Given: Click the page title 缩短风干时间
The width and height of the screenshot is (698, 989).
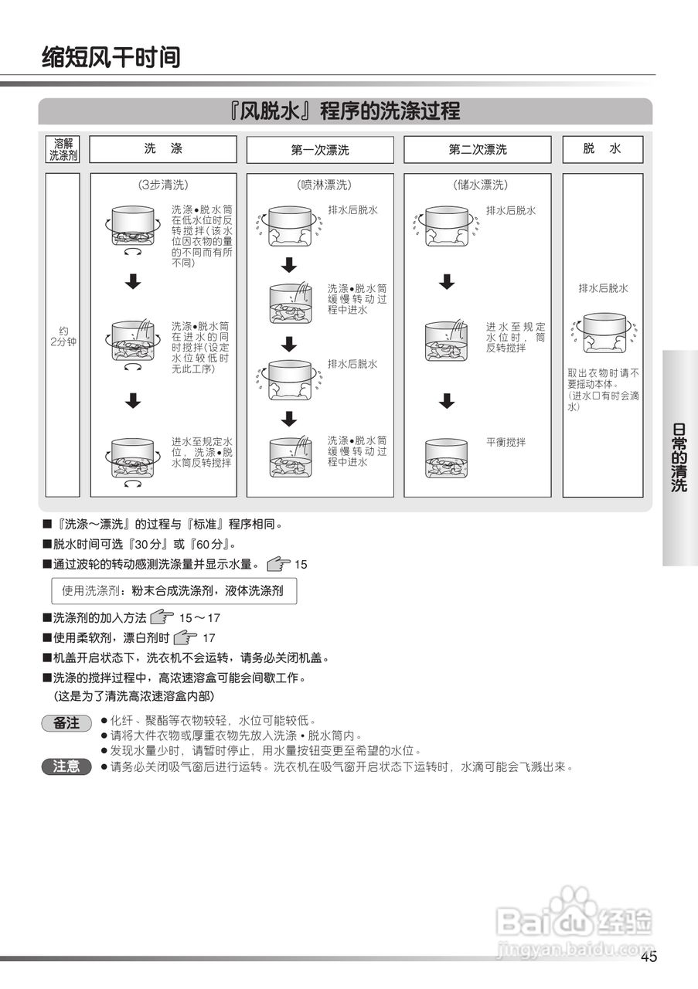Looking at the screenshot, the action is click(111, 56).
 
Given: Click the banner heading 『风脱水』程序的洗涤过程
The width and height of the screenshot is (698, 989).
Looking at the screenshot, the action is click(345, 111).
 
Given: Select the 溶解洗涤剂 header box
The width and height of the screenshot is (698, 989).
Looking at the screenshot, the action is click(63, 149).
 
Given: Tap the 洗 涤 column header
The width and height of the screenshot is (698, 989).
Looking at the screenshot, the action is click(163, 149).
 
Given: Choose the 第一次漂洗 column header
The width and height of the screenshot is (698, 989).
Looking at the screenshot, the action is click(320, 150).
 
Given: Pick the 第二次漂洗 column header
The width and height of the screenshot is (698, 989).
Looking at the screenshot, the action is click(478, 150).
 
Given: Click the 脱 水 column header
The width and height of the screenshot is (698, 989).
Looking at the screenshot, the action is click(602, 149).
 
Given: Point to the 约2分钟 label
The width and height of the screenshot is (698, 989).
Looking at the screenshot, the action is click(63, 336).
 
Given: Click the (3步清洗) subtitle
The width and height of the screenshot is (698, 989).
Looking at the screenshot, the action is click(163, 185).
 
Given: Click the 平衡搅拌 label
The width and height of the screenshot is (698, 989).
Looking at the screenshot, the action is click(506, 442).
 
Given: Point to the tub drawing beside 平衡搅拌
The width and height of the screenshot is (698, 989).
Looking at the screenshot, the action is click(447, 458).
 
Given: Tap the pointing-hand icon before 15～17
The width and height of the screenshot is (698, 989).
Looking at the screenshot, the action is click(162, 617).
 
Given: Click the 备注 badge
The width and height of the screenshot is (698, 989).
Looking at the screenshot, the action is click(66, 723).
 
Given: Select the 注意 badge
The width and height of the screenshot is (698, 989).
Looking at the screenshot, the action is click(66, 766).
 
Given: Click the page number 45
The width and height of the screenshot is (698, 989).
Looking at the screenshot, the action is click(649, 958).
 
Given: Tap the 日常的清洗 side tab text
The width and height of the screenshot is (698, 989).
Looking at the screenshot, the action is click(679, 457).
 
